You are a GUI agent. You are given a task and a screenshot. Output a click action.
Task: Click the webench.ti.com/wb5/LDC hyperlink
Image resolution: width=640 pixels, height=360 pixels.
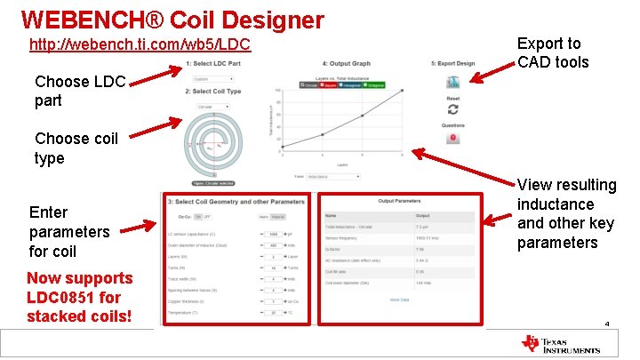(140, 44)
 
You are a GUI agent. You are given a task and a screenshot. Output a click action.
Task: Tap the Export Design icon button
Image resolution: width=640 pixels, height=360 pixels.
(452, 82)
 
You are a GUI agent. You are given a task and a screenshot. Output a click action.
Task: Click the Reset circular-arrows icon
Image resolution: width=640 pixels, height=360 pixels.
(452, 109)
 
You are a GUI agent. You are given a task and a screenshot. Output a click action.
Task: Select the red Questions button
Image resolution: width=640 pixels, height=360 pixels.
(452, 137)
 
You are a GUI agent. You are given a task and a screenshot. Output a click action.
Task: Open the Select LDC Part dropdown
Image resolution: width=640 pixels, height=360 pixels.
(213, 78)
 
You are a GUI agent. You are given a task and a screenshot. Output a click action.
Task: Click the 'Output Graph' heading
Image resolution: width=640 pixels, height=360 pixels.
(350, 64)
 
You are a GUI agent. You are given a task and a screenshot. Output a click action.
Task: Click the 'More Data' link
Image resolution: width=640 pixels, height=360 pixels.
(399, 300)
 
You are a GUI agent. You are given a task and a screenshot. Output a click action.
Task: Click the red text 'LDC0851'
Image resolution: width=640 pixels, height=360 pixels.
(59, 297)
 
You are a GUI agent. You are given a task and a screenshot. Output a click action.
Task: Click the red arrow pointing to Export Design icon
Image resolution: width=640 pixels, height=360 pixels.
(492, 72)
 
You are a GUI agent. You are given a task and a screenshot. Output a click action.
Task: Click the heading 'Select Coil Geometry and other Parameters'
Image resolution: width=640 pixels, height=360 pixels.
(236, 202)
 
